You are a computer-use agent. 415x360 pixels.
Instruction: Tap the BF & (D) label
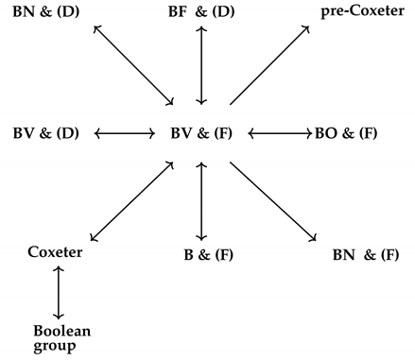click(200, 11)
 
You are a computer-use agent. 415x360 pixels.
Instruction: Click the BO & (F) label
click(345, 132)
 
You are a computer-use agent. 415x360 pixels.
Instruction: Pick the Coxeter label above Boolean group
click(55, 252)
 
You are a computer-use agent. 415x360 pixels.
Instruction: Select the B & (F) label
click(208, 254)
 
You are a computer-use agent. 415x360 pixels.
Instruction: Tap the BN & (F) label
click(366, 254)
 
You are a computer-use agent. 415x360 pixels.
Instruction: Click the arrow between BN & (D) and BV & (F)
click(133, 64)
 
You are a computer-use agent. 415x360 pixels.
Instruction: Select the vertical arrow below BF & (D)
click(200, 64)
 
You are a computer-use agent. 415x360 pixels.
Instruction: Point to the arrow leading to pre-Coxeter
click(268, 64)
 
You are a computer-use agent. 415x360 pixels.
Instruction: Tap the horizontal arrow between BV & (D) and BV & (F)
click(124, 132)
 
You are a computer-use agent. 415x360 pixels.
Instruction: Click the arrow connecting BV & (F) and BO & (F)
click(279, 132)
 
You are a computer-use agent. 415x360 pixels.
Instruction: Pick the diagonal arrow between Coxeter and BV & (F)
click(130, 199)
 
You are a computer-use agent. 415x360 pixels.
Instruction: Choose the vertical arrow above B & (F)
click(200, 199)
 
